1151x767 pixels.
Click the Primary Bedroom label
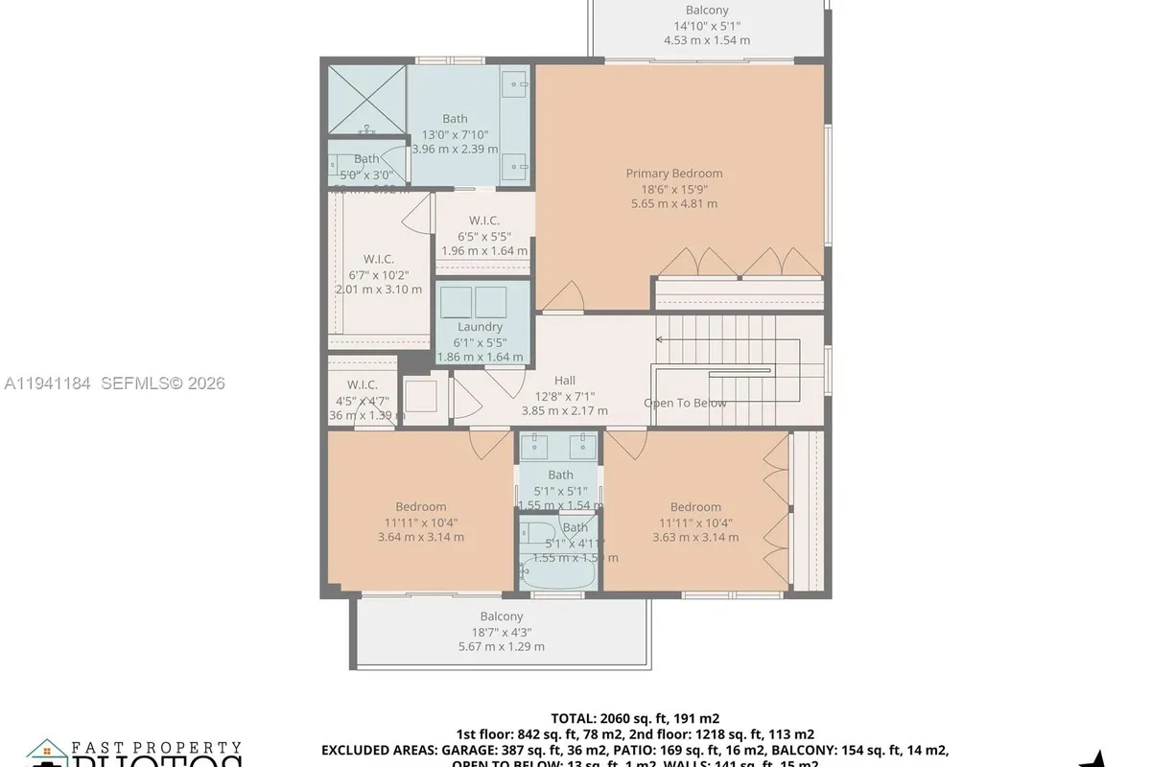coord(674,174)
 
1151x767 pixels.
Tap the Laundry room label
coord(480,327)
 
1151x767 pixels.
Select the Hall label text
coord(565,381)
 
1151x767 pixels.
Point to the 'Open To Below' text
coord(685,403)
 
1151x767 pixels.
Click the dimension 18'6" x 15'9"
coord(674,189)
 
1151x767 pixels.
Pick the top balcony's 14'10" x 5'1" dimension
coord(706,26)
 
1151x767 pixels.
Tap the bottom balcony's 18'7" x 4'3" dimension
coord(502,632)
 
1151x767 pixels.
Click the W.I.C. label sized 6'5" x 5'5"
coord(484,221)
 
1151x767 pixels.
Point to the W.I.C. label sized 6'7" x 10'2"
coord(378,259)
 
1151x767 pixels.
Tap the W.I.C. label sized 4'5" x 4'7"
coord(364,385)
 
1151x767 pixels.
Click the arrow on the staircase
coord(661,338)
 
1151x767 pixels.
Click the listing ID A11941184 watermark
coord(47,383)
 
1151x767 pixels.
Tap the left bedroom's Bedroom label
coord(421,507)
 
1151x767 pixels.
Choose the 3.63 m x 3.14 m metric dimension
coord(695,537)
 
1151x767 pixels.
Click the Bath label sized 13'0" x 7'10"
coord(455,119)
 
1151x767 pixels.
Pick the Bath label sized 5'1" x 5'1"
coord(560,475)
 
